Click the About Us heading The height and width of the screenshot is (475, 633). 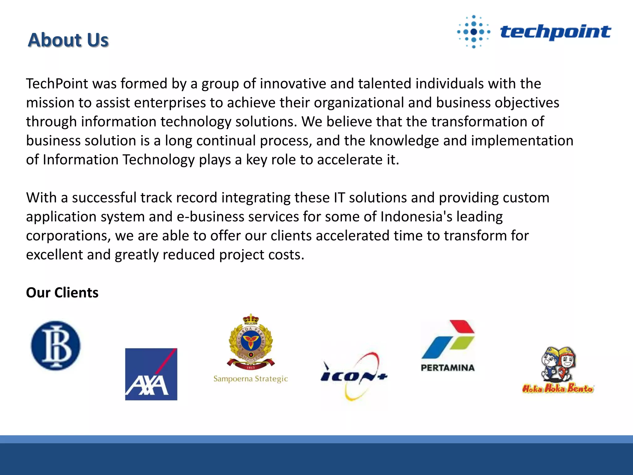(68, 40)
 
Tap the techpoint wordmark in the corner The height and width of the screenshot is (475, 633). (555, 32)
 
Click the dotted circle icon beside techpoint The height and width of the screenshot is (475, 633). (474, 32)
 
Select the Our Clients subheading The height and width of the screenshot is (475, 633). (62, 293)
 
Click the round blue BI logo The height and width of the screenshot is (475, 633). (56, 345)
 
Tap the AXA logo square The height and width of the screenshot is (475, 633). (151, 374)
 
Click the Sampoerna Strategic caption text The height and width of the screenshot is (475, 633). (251, 379)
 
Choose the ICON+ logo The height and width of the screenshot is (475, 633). (354, 376)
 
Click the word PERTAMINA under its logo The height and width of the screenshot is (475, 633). (448, 368)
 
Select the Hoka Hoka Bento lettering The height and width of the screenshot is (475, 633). (558, 388)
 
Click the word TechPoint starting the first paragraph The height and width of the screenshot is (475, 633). (57, 84)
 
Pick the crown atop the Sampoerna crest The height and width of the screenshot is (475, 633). (250, 319)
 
